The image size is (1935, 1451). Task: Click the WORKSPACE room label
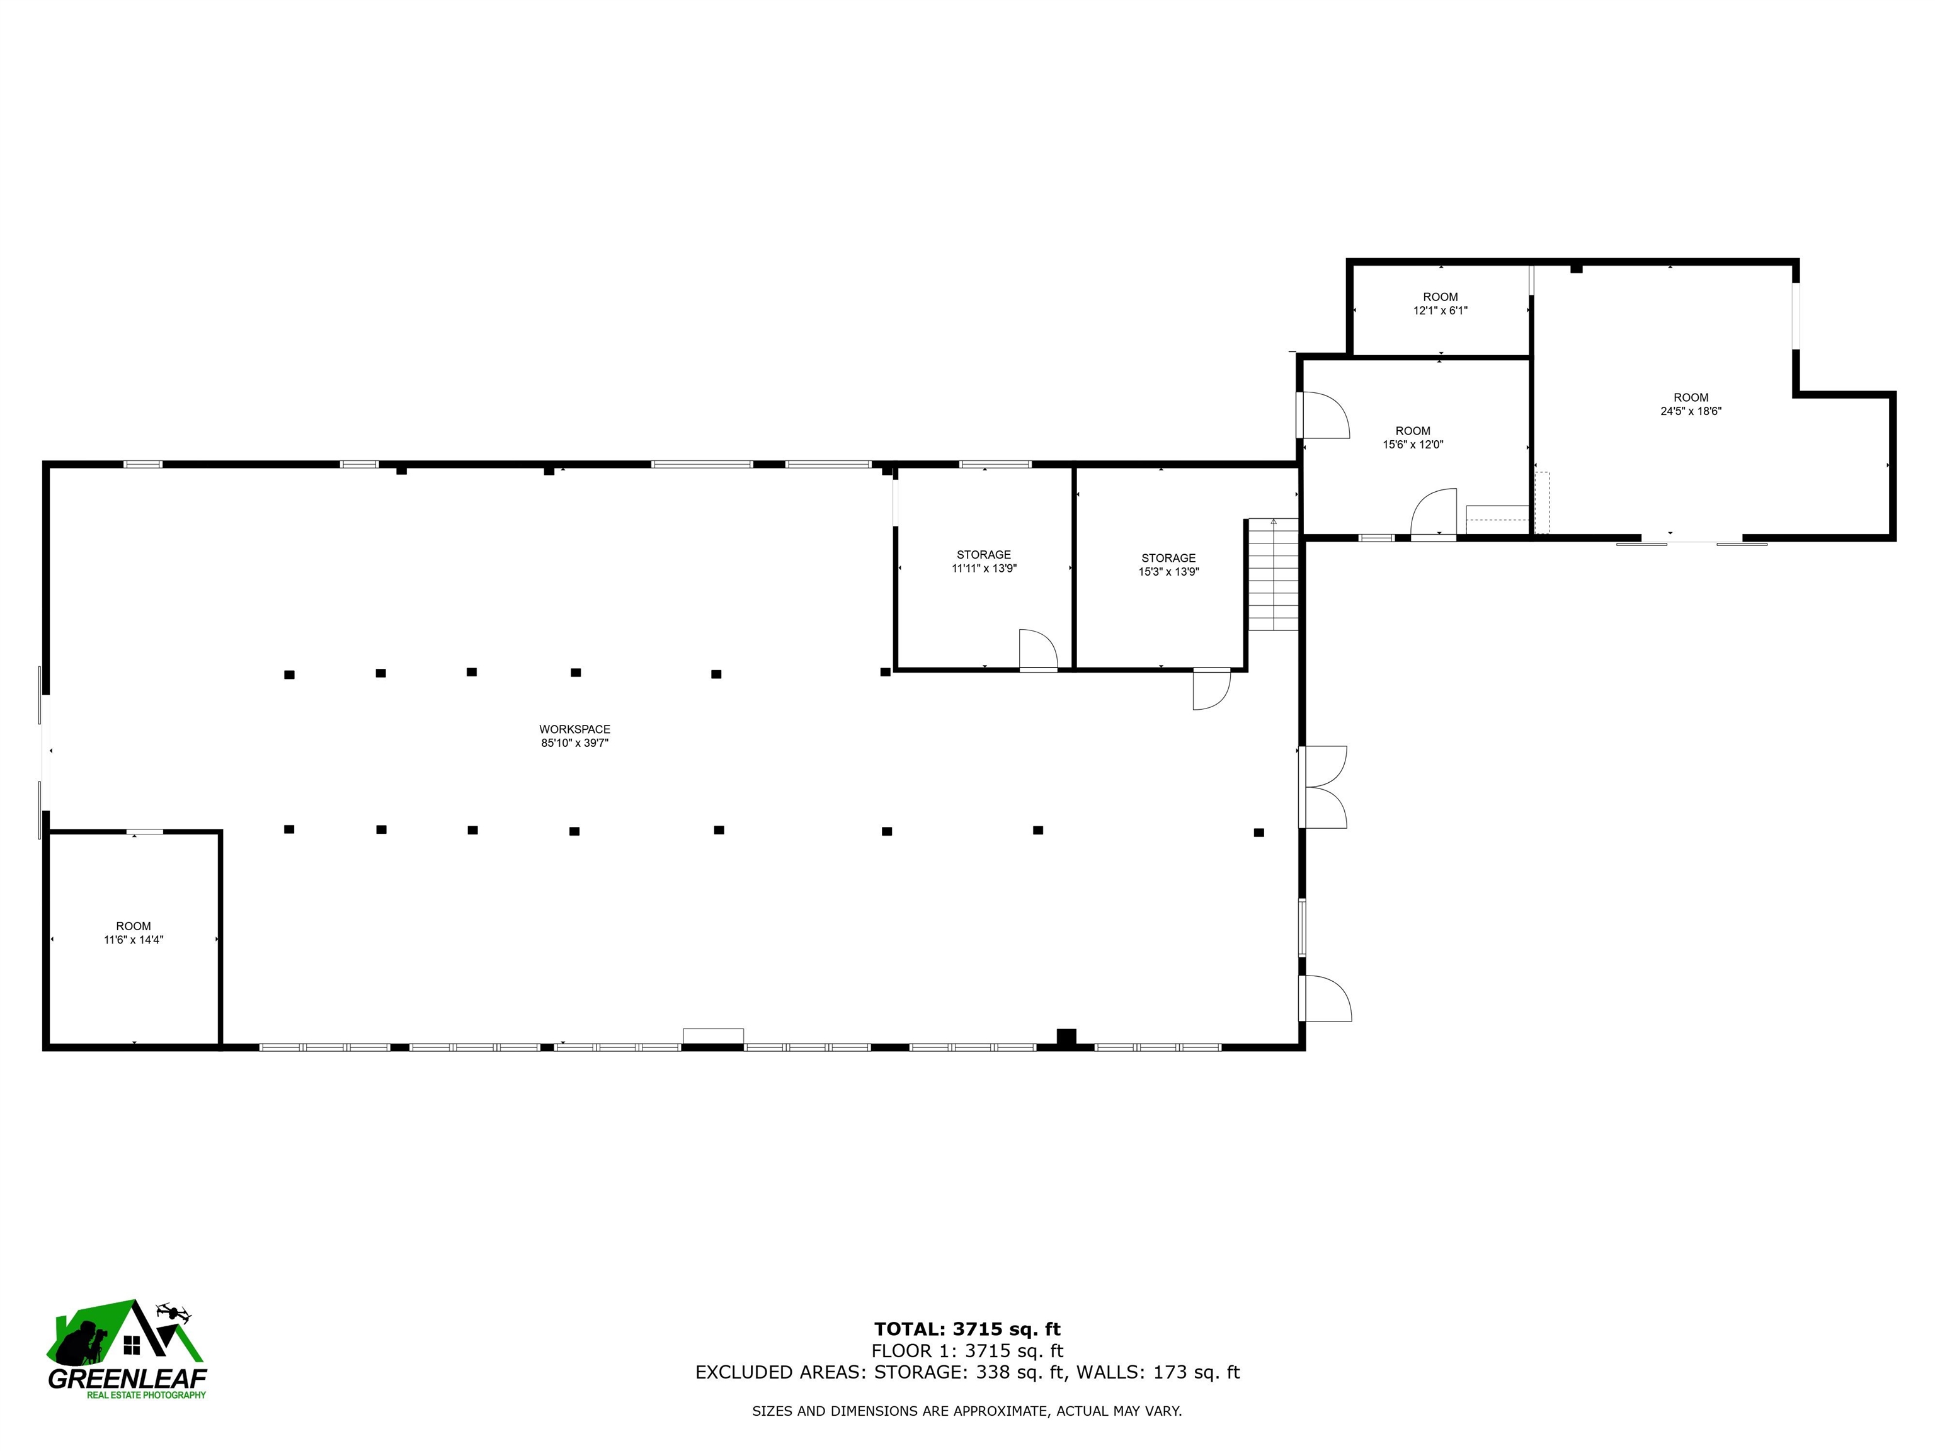pyautogui.click(x=574, y=729)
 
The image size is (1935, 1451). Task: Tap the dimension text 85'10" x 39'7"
pyautogui.click(x=574, y=743)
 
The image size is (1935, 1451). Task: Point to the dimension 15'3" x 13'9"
pyautogui.click(x=1168, y=572)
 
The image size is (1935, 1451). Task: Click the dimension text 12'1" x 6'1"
pyautogui.click(x=1440, y=310)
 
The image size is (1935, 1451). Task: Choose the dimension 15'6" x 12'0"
pyautogui.click(x=1413, y=445)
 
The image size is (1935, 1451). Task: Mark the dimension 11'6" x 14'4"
pyautogui.click(x=134, y=940)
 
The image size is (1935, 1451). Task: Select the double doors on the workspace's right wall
pyautogui.click(x=1323, y=787)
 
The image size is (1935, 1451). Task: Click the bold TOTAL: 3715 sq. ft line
pyautogui.click(x=967, y=1330)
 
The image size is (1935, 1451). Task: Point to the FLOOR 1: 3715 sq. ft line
pyautogui.click(x=967, y=1351)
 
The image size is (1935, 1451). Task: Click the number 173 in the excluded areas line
pyautogui.click(x=1170, y=1372)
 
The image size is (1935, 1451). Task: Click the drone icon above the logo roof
pyautogui.click(x=173, y=1312)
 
